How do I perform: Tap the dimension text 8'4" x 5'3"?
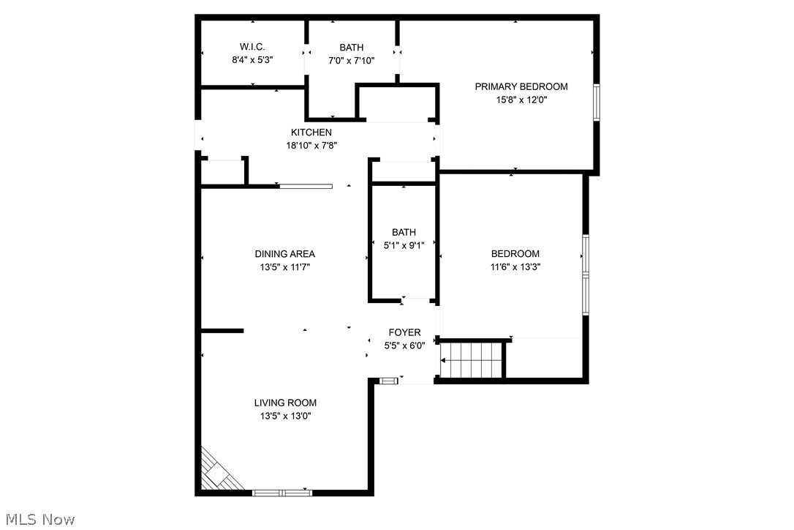pos(252,61)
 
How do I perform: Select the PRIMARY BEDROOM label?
pos(521,86)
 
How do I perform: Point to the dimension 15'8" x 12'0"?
pos(521,100)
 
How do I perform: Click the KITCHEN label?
pos(311,132)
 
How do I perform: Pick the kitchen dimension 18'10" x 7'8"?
pos(311,146)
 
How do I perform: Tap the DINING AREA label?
pos(284,254)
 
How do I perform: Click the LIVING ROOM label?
pos(285,403)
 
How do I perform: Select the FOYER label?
pos(404,332)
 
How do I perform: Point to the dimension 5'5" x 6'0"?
pos(404,346)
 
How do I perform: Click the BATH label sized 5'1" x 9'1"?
pos(404,232)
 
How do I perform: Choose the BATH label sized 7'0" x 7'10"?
pos(351,48)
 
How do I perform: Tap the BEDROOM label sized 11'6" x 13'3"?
pos(515,254)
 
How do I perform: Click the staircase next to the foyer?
pos(474,359)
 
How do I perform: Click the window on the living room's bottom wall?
pos(282,493)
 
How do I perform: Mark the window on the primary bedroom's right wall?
pos(597,102)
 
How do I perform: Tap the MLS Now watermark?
pos(38,520)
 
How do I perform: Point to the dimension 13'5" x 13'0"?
pos(285,416)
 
